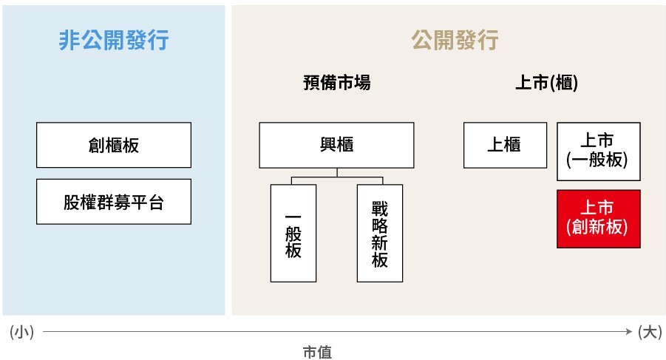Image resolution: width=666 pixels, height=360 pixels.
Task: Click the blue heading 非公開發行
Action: [113, 41]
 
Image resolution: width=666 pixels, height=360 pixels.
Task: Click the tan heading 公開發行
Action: [455, 41]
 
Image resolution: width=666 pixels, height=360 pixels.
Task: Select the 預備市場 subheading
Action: [337, 82]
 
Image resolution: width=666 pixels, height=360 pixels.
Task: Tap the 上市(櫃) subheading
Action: [547, 82]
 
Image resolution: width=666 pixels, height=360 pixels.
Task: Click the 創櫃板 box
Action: [114, 145]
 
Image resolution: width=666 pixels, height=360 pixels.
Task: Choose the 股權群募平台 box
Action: [114, 202]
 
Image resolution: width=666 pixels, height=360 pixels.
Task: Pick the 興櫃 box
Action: [336, 145]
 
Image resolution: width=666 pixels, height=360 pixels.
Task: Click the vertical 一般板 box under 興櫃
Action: [293, 233]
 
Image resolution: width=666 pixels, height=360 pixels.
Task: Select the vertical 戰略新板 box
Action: [380, 233]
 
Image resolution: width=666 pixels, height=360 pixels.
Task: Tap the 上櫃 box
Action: [505, 145]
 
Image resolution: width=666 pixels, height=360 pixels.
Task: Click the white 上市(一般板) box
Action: [599, 152]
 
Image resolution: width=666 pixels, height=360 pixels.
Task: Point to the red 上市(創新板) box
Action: [599, 219]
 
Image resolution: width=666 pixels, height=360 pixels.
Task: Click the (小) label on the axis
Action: [21, 332]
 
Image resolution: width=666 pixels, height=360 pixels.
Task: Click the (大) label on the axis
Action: [650, 332]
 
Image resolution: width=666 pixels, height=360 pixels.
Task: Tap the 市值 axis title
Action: [317, 352]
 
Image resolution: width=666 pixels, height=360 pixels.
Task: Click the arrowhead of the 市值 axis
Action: [630, 332]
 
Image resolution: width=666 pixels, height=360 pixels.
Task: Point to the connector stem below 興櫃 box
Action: [337, 173]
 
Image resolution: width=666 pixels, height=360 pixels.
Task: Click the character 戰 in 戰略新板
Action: [380, 208]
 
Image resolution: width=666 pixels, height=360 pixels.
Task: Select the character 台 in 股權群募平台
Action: [156, 202]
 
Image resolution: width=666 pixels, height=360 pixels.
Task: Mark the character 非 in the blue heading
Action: [69, 41]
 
